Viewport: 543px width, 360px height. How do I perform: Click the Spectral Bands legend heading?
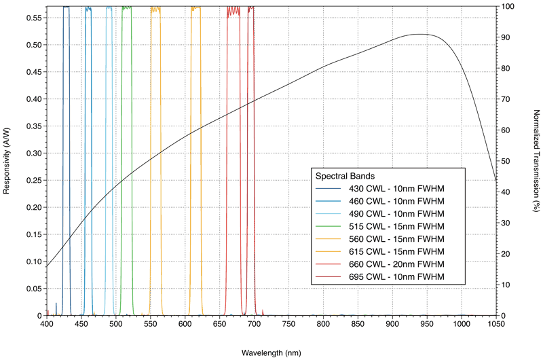pos(346,175)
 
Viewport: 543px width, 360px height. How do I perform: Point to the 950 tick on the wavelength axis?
pos(427,325)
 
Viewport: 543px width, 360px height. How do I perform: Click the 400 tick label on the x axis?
pos(47,325)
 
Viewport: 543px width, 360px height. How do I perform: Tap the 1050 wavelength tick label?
pos(495,325)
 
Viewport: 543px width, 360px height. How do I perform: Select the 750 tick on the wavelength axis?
pos(288,325)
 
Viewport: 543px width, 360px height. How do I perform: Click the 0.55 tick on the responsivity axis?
pos(33,18)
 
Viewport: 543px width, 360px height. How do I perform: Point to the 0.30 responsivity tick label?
pos(33,153)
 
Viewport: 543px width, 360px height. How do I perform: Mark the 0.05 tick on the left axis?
pos(33,289)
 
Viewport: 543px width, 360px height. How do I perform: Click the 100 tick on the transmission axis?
pos(508,7)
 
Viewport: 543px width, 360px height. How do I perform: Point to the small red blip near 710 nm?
pos(263,312)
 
